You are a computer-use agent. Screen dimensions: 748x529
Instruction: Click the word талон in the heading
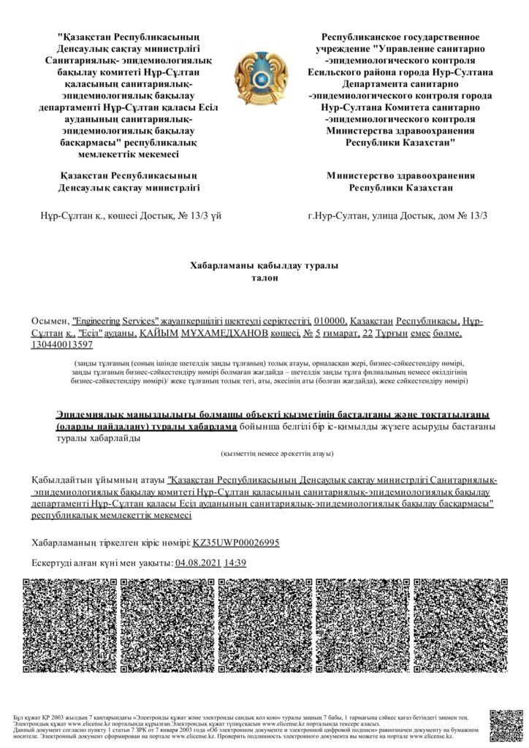[264, 278]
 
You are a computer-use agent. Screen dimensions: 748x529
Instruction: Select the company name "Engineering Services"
[117, 321]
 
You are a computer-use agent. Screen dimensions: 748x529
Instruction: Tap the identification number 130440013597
[61, 344]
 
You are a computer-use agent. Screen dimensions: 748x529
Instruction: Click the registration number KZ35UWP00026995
[235, 543]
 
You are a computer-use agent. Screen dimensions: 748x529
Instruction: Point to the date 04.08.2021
[198, 562]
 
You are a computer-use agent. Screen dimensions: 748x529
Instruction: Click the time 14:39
[235, 562]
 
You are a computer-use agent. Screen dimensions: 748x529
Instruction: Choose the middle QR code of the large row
[264, 626]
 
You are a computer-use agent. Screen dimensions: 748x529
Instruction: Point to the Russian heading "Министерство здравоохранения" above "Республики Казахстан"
[400, 175]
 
